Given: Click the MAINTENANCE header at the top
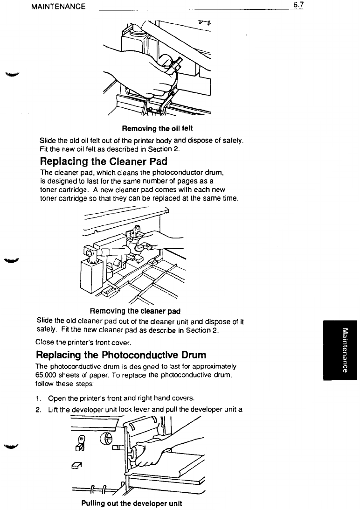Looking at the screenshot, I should click(x=58, y=7).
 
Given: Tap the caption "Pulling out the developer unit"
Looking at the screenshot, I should click(x=131, y=503).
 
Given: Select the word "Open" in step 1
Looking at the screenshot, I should click(x=57, y=398).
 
